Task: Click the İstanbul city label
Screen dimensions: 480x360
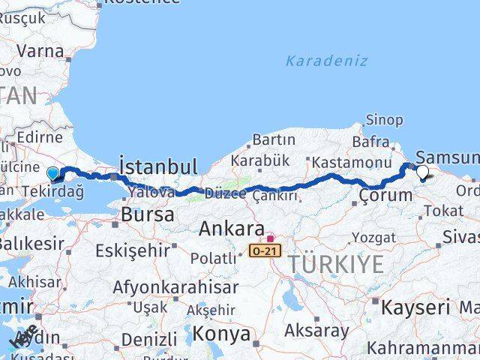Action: (158, 166)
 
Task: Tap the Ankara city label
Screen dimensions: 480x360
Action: (232, 229)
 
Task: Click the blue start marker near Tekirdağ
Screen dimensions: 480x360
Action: (53, 175)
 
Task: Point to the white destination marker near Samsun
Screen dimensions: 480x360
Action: (423, 172)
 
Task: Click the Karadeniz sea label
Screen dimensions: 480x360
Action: (326, 61)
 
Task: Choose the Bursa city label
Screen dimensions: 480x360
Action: (148, 215)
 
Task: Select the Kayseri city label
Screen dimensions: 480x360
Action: (415, 307)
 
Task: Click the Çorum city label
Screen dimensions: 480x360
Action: (385, 195)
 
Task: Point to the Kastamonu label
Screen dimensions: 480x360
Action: (352, 162)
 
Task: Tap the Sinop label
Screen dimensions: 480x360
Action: (385, 120)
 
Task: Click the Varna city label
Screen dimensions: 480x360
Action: (40, 52)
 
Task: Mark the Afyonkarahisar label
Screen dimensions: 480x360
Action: (175, 286)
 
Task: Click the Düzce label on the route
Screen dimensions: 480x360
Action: (226, 193)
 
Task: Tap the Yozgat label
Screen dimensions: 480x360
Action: (373, 238)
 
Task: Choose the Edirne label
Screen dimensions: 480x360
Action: (41, 137)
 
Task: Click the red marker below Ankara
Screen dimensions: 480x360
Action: (270, 238)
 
